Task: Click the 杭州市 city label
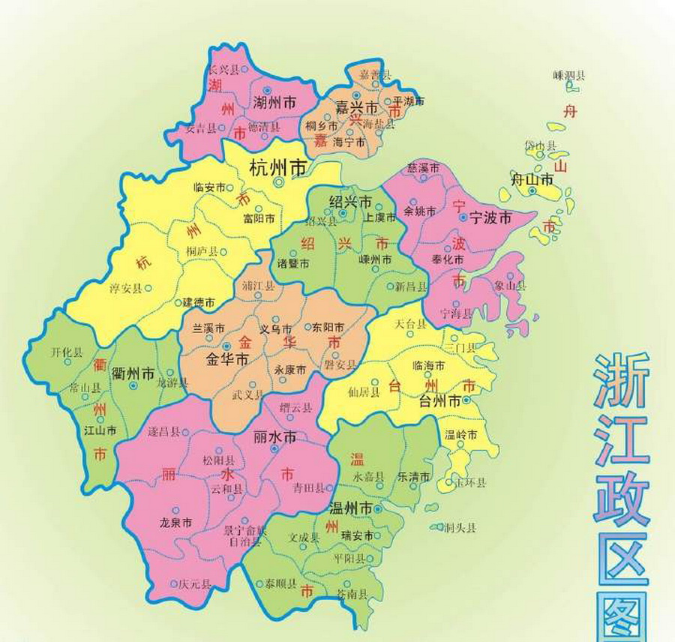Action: [277, 167]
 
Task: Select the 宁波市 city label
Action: [490, 218]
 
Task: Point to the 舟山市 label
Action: [532, 179]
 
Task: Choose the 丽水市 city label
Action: [275, 436]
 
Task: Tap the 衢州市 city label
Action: [133, 373]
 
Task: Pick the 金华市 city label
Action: [226, 359]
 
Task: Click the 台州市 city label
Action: [439, 400]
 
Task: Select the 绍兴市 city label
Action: [350, 202]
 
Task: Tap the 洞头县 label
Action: [460, 528]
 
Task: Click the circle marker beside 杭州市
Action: [278, 182]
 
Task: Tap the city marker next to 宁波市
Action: [463, 218]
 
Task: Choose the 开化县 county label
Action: [67, 351]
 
